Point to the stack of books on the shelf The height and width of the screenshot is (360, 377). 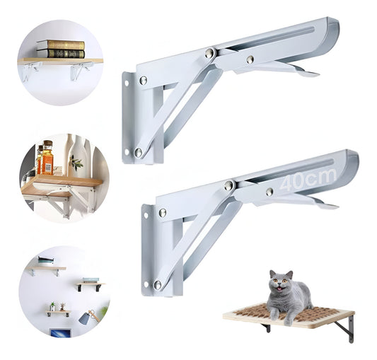point(60,48)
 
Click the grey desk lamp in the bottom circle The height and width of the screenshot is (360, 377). point(88,316)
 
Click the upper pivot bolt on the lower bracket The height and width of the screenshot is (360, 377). point(229,185)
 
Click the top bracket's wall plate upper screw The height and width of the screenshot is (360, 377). point(144,81)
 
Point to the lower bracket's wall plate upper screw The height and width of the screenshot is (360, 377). point(163,212)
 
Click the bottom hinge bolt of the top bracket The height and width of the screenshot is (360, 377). point(139,152)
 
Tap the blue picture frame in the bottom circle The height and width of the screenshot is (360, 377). point(58,332)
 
